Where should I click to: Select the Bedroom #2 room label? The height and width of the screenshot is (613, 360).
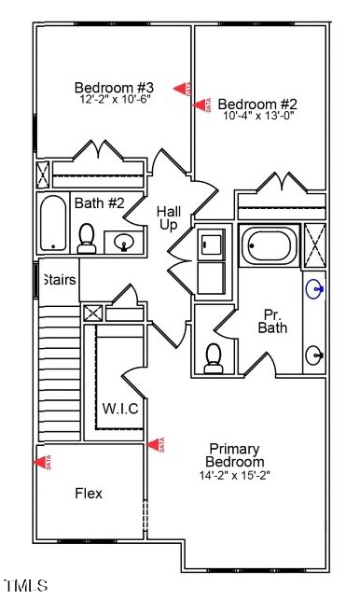(256, 104)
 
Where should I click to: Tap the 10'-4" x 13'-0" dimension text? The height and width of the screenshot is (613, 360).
(258, 117)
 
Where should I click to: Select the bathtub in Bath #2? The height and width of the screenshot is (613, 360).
(54, 223)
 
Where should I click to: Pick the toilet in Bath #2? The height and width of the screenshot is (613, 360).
(87, 239)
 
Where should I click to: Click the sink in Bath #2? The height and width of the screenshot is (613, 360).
(124, 243)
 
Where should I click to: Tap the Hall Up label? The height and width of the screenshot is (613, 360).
(169, 217)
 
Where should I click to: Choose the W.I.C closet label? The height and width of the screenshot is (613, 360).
(120, 408)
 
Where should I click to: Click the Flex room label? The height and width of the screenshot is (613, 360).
(89, 493)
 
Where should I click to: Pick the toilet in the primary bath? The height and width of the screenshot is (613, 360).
(215, 356)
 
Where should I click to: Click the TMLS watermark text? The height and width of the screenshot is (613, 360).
(25, 586)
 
